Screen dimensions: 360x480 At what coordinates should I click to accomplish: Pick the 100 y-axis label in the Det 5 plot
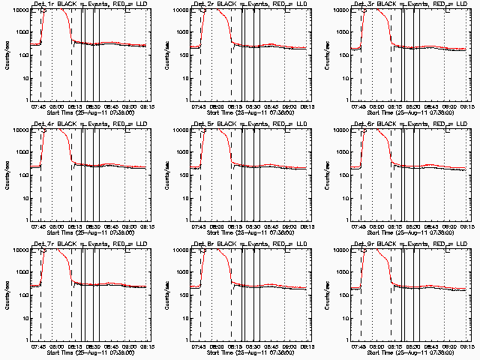[182, 175]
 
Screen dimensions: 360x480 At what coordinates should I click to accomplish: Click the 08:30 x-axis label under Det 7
[92, 346]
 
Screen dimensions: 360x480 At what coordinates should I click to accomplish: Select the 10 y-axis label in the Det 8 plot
[184, 318]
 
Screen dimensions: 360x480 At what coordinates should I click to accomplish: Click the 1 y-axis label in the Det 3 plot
[346, 100]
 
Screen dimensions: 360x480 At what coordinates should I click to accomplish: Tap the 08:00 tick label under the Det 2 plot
[217, 106]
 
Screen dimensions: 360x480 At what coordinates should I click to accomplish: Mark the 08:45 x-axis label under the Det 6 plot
[430, 226]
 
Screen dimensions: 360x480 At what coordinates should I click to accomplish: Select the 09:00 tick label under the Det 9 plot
[449, 346]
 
